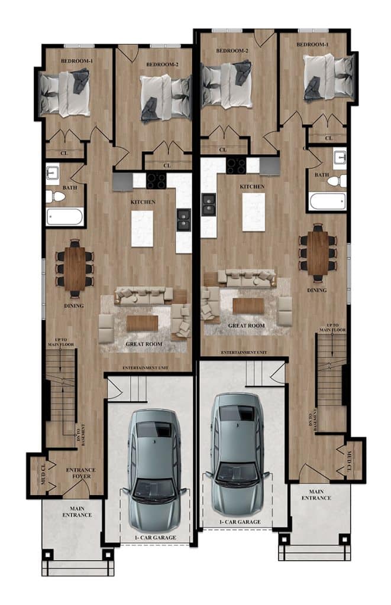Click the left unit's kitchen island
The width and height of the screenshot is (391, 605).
[x=142, y=229]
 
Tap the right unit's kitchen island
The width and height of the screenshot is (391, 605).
[x=253, y=212]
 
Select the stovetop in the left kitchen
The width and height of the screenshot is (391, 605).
[x=156, y=181]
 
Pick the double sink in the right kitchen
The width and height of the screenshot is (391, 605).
[x=209, y=204]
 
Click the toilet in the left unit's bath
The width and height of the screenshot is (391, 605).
[x=56, y=196]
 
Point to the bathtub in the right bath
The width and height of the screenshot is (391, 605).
[x=327, y=201]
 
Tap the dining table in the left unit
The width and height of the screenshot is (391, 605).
[x=75, y=269]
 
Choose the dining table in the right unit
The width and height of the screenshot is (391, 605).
[x=318, y=253]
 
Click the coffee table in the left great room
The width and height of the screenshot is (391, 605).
[x=142, y=323]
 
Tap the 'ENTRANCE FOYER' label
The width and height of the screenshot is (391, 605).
[x=81, y=473]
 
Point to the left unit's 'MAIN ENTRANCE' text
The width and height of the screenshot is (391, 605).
[x=77, y=512]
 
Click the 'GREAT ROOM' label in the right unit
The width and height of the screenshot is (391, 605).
[x=247, y=326]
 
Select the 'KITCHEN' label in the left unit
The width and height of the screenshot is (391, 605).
[x=143, y=202]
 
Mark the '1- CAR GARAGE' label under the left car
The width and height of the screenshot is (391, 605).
[x=156, y=538]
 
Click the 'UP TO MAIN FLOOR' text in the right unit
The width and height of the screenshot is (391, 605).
[x=332, y=327]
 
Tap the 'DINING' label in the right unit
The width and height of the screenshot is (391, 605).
[x=317, y=290]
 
